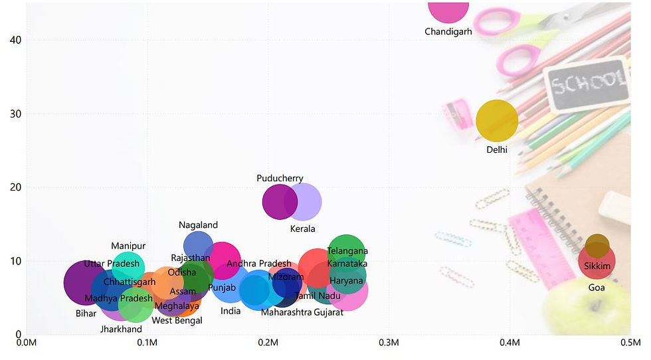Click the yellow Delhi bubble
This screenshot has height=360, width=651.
coord(497,121)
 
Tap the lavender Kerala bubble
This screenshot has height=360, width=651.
coord(307,202)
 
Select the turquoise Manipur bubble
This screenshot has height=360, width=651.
coord(128,265)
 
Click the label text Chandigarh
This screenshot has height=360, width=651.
coord(448,31)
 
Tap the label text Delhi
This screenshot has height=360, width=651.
coord(497,149)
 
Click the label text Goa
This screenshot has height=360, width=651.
coord(597,288)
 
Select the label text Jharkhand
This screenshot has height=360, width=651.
coord(121,329)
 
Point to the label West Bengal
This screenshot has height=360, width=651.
coord(177,320)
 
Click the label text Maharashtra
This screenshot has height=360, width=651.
coord(286,312)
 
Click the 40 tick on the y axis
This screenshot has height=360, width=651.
coord(16,40)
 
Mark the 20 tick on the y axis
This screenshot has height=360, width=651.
coord(16,187)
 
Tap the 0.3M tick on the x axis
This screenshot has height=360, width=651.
coord(389,343)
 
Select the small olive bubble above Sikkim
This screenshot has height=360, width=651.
coord(597,245)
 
